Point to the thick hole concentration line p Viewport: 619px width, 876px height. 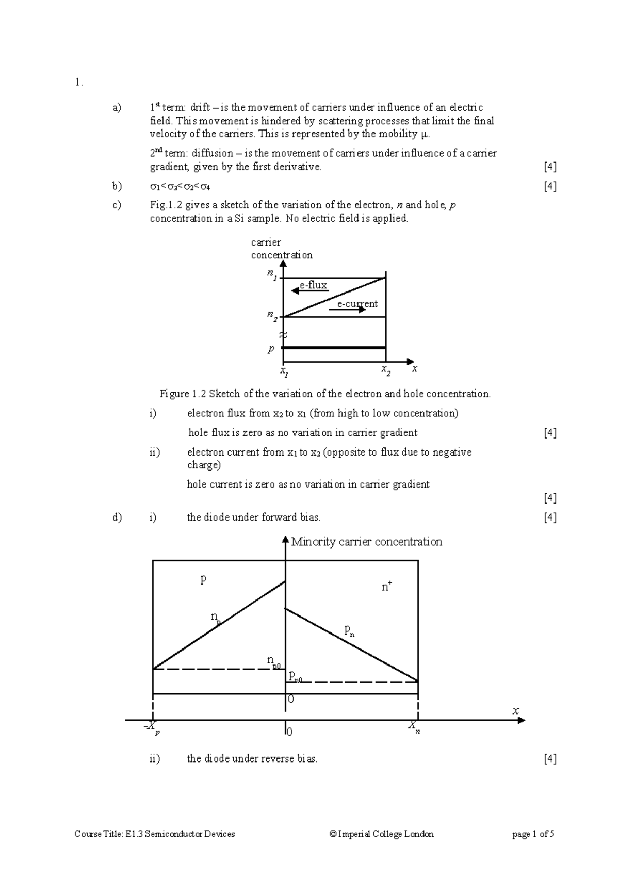pyautogui.click(x=334, y=348)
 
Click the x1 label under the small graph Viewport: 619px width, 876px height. pyautogui.click(x=283, y=371)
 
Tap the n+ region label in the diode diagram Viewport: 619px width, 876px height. pyautogui.click(x=386, y=587)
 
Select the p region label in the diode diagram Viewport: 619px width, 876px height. pyautogui.click(x=203, y=579)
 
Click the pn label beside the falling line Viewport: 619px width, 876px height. pyautogui.click(x=349, y=630)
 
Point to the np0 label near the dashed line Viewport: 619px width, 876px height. pyautogui.click(x=273, y=661)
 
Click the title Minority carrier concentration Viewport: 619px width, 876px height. pyautogui.click(x=366, y=542)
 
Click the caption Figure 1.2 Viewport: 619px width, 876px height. pyautogui.click(x=325, y=394)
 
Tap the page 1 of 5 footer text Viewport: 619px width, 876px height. pyautogui.click(x=533, y=834)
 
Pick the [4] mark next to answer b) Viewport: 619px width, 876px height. pyautogui.click(x=550, y=186)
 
